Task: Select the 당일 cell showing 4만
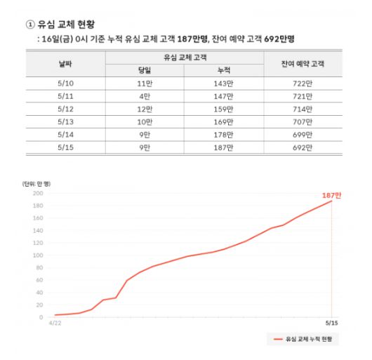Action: [x=146, y=95]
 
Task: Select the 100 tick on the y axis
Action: [x=39, y=255]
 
